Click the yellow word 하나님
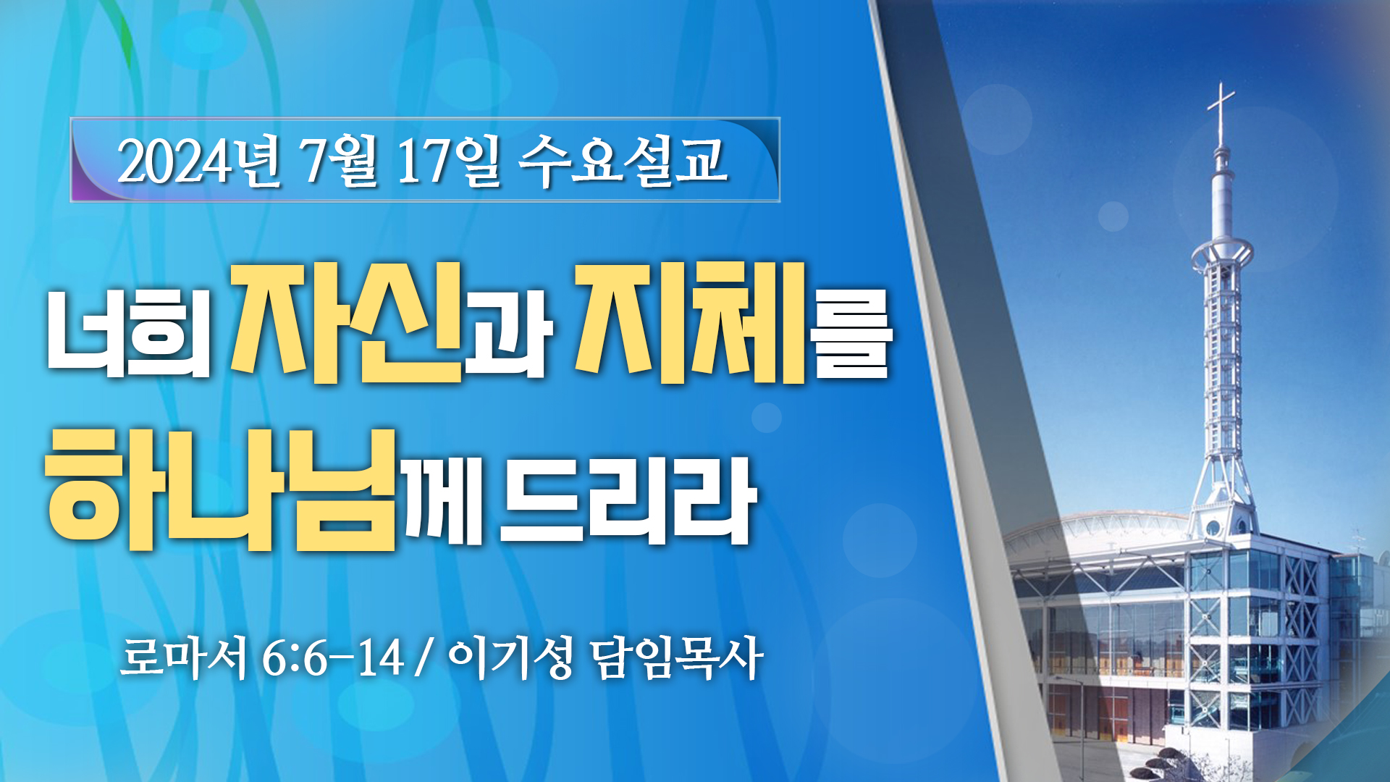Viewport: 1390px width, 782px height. [x=221, y=489]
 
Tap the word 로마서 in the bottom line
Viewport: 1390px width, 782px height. [x=184, y=657]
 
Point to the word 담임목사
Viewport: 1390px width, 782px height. [x=677, y=657]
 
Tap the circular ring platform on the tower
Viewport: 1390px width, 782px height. [x=1222, y=253]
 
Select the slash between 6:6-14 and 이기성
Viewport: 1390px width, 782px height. [x=424, y=658]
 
